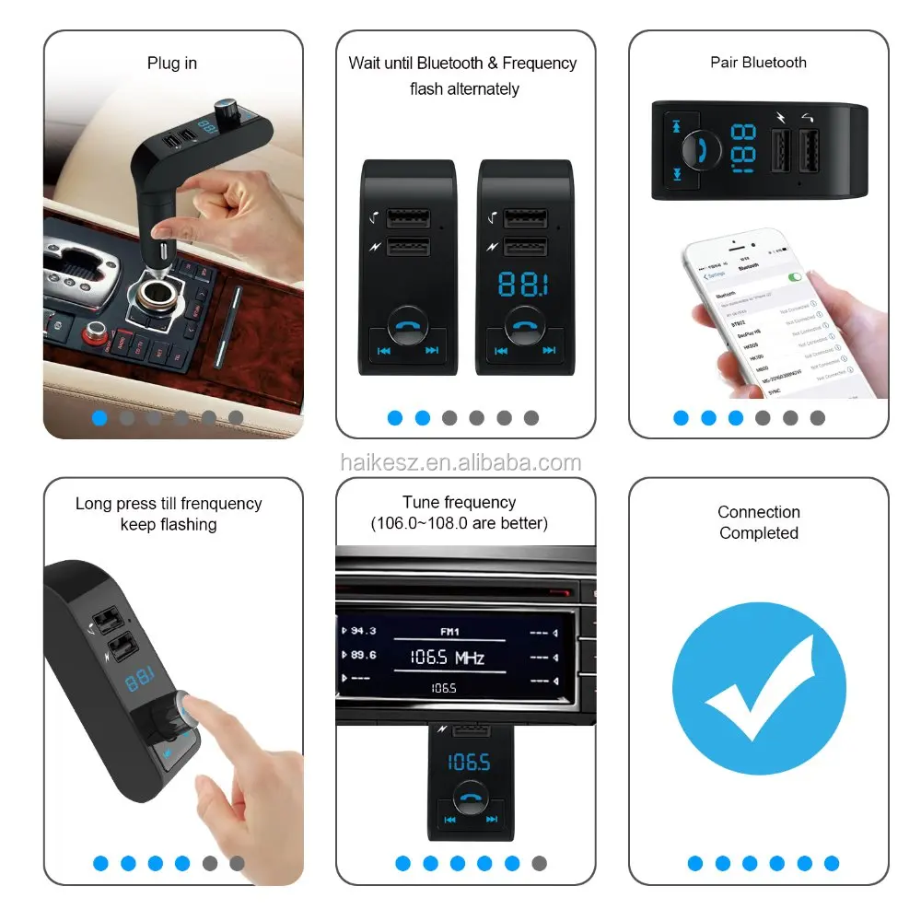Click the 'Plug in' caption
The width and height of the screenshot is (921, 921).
pos(172,64)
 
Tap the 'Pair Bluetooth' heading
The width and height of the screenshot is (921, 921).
pos(758,63)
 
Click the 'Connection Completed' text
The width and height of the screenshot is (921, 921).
pos(759,522)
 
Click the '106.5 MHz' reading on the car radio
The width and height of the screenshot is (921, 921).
pos(447,658)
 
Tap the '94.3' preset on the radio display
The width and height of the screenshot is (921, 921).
pos(363,631)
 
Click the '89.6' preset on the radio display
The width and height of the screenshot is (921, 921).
pos(363,655)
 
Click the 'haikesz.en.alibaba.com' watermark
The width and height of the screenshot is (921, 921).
pos(460,463)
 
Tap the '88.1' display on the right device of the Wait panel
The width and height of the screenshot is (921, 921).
pos(522,285)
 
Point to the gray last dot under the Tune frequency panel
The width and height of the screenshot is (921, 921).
pos(540,863)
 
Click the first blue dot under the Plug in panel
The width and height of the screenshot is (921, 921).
pos(99,417)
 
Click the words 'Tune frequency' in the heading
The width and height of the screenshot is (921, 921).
pos(459,503)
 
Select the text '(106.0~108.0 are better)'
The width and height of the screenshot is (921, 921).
pos(459,524)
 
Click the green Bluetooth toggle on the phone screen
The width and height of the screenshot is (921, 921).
pos(793,276)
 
